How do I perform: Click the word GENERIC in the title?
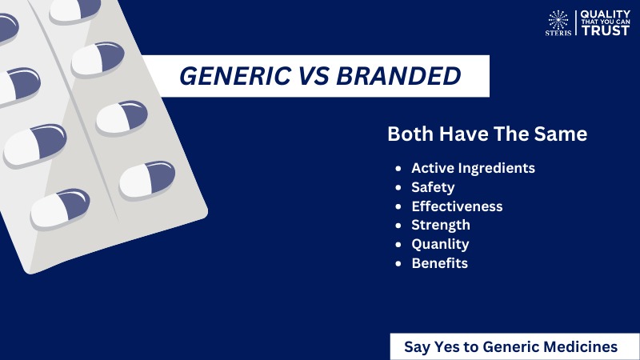(x=235, y=76)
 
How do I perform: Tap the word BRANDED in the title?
(x=398, y=76)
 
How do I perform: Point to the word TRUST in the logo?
(x=606, y=30)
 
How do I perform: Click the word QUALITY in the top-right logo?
(x=606, y=14)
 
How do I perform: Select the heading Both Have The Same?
(x=487, y=134)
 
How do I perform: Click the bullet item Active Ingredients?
(x=473, y=168)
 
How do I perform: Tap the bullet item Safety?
(x=433, y=187)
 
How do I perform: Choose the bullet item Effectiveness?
(x=457, y=206)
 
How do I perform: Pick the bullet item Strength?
(x=441, y=226)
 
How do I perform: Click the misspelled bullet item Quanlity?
(x=440, y=244)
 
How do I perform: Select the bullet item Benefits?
(x=439, y=263)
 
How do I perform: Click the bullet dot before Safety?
(x=398, y=188)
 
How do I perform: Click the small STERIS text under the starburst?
(x=558, y=33)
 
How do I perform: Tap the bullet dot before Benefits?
(x=398, y=264)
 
